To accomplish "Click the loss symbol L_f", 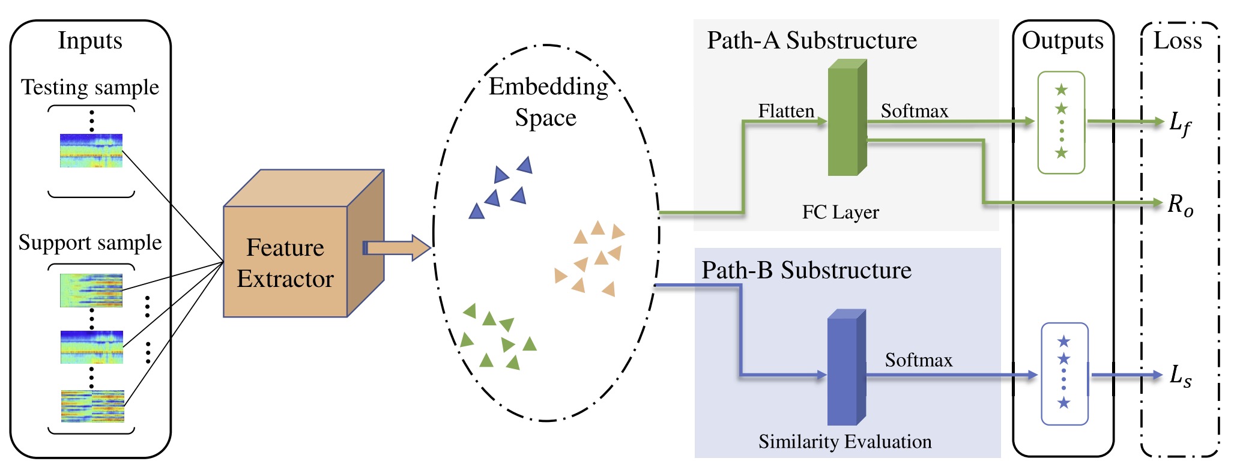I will (x=1179, y=124).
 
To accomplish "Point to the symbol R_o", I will (x=1179, y=205).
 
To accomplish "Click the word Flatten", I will (x=785, y=110).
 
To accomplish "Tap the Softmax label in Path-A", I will (x=914, y=110).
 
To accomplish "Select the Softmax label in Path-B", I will (x=918, y=360).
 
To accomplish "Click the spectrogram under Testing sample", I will (x=91, y=151).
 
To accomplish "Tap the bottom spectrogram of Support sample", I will (x=92, y=406).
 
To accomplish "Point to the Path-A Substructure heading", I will (x=811, y=40).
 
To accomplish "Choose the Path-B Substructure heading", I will (x=806, y=270).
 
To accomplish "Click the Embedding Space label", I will (x=547, y=102).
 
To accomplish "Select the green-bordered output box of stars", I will (x=1061, y=122).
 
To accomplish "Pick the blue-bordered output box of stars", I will (x=1063, y=373).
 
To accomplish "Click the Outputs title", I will (x=1062, y=40).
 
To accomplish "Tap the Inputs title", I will (x=90, y=40).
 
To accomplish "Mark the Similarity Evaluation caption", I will (x=844, y=442).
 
